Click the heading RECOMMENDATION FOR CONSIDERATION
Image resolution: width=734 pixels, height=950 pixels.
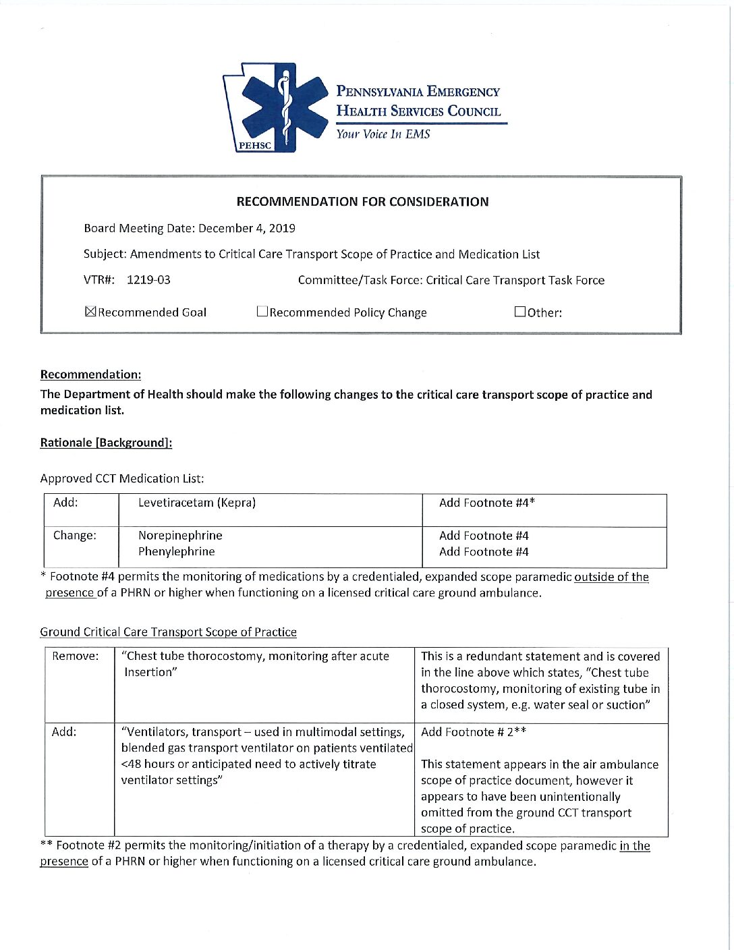[x=362, y=202]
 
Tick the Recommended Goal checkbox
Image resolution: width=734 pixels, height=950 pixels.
[x=90, y=312]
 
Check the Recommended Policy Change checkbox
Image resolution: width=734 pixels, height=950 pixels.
[x=262, y=312]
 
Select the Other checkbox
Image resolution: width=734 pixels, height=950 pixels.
[x=519, y=312]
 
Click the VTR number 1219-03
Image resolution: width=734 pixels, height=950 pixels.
[x=148, y=280]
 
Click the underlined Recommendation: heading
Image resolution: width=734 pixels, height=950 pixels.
[x=90, y=374]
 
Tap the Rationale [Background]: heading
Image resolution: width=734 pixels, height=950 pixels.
[x=106, y=443]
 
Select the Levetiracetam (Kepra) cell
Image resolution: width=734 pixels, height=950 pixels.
[x=197, y=503]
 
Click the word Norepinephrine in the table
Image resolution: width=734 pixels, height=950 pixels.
[x=180, y=536]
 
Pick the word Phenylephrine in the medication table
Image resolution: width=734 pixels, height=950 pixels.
[x=177, y=552]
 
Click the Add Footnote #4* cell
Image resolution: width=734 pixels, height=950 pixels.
[x=487, y=503]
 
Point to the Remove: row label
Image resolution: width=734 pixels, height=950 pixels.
[x=75, y=656]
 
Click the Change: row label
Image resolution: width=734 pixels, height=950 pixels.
[x=75, y=536]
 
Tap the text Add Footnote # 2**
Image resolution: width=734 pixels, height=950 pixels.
[x=474, y=732]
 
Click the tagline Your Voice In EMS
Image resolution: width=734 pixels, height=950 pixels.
[x=383, y=134]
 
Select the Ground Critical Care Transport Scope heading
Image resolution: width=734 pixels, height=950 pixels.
[x=168, y=632]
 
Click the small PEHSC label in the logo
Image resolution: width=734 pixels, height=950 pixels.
[x=255, y=146]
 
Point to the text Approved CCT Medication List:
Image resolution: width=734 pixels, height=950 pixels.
[x=122, y=478]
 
